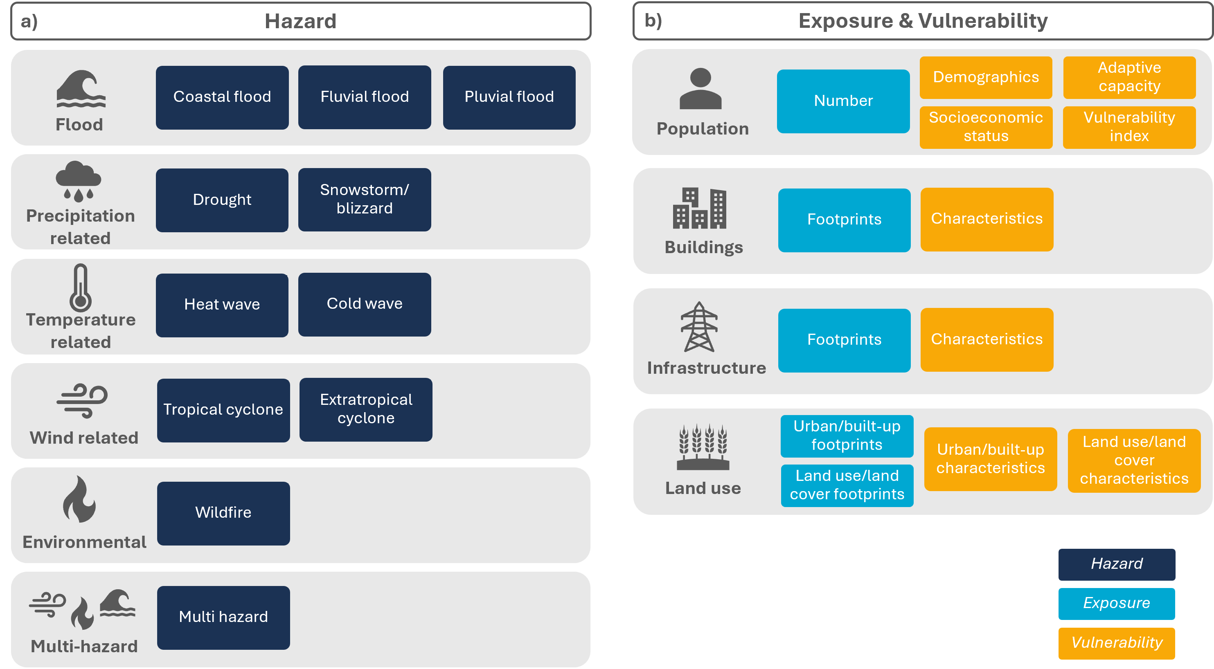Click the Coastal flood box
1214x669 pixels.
coord(222,97)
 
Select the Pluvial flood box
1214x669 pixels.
coord(509,97)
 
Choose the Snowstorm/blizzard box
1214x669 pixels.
coord(364,200)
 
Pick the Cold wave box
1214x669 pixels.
coord(364,304)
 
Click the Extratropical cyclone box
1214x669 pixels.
coord(366,409)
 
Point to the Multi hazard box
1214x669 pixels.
coord(223,617)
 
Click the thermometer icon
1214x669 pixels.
coord(81,288)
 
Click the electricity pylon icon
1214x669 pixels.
coord(699,327)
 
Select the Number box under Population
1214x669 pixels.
coord(843,101)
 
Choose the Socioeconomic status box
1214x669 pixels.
coord(986,127)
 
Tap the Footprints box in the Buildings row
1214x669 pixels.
coord(844,220)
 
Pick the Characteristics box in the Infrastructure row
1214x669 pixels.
coord(987,340)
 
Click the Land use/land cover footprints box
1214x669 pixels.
coord(847,485)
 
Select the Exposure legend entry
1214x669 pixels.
coord(1117,604)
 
